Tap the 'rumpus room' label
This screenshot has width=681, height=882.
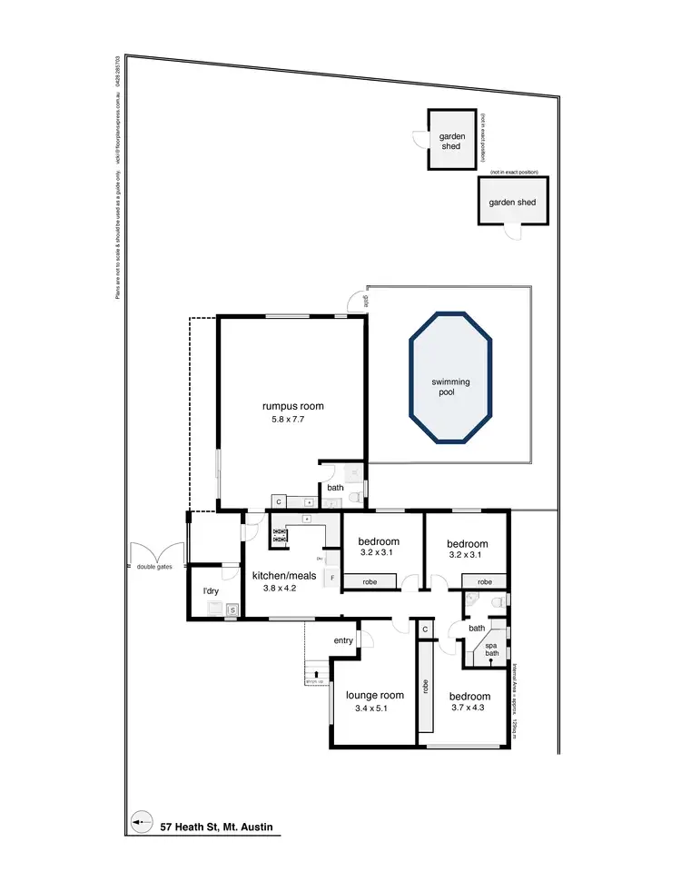click(292, 406)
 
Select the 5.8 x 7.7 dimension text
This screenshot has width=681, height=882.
click(291, 421)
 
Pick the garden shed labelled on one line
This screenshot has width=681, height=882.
click(514, 203)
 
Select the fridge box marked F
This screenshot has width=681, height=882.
click(332, 578)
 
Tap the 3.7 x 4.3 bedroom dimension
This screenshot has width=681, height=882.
click(469, 709)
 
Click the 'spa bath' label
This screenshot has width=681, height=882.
click(491, 649)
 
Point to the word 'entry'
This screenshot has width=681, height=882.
click(343, 641)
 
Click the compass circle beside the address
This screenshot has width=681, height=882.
click(141, 826)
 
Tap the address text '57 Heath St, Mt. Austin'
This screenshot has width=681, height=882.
click(215, 827)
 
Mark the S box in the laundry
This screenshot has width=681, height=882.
click(232, 610)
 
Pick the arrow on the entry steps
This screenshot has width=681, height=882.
click(316, 674)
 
